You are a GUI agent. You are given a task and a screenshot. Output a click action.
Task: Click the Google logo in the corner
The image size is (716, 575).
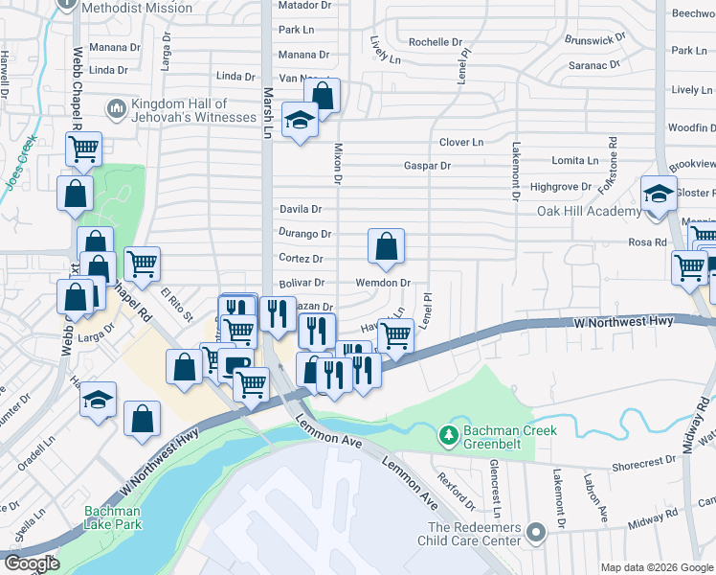click(x=32, y=563)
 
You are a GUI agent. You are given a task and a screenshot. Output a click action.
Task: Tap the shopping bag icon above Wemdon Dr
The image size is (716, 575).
click(x=385, y=246)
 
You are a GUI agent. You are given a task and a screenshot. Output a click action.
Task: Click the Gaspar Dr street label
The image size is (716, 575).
click(x=426, y=166)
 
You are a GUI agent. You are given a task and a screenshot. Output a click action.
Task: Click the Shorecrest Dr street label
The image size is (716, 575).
click(x=643, y=460)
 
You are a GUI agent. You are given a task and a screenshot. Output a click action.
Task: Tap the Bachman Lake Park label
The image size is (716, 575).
click(x=112, y=518)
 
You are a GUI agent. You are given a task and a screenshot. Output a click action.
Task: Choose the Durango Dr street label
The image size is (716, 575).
click(x=304, y=233)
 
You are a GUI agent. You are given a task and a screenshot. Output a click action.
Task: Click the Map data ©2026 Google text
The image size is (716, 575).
click(x=657, y=567)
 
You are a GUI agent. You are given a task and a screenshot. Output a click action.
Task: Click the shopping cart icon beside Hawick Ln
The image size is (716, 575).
click(x=394, y=335)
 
